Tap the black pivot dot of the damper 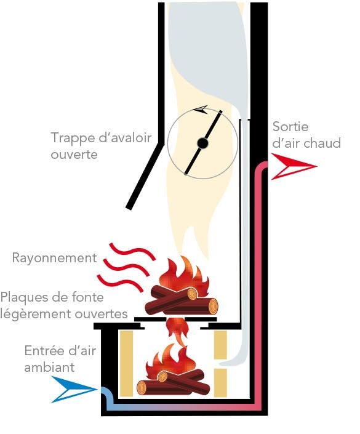202,143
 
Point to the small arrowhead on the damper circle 201,110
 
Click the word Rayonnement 55,258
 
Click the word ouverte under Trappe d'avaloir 74,155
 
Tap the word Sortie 290,127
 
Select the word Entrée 44,351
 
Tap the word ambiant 49,368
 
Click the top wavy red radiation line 132,251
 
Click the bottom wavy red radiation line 121,283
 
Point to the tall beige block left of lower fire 126,363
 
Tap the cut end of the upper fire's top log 192,294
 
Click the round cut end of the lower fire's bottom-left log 142,387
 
